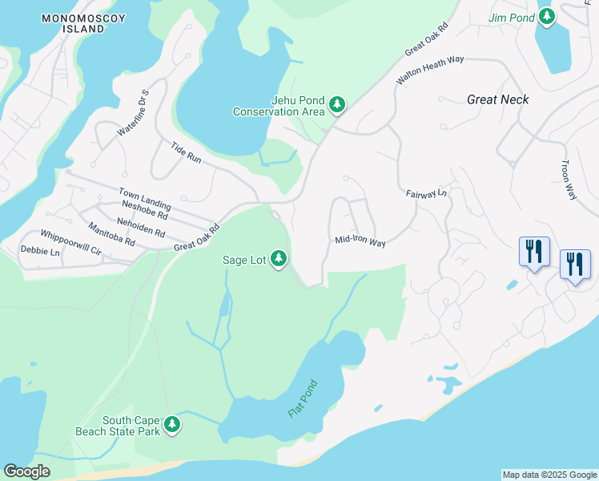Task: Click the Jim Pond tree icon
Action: click(x=546, y=16)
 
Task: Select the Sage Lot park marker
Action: click(x=279, y=259)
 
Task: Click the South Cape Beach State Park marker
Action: click(x=172, y=425)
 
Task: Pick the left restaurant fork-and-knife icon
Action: click(x=534, y=251)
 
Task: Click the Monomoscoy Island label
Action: click(x=84, y=22)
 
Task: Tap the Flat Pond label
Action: click(x=303, y=398)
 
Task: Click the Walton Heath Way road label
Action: click(x=430, y=70)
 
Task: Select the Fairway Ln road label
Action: click(x=426, y=194)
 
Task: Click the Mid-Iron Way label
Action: click(x=360, y=240)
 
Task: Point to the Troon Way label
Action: click(x=569, y=179)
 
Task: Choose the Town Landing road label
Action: click(x=144, y=200)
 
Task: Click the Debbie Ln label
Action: click(x=40, y=252)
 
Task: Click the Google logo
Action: click(x=26, y=471)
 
